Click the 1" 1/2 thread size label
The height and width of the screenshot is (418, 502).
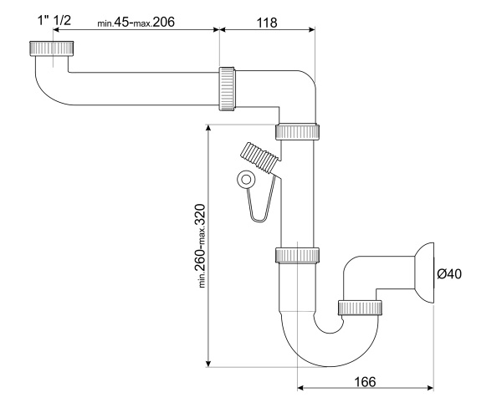pyautogui.click(x=54, y=20)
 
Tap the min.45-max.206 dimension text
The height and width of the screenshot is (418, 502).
pyautogui.click(x=136, y=22)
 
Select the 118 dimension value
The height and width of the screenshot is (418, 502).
pyautogui.click(x=267, y=23)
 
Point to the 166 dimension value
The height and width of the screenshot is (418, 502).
pyautogui.click(x=365, y=382)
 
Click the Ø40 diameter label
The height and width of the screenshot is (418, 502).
pyautogui.click(x=449, y=274)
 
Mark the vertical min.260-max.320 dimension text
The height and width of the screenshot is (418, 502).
pyautogui.click(x=201, y=246)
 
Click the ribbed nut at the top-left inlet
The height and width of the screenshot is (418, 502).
pyautogui.click(x=52, y=48)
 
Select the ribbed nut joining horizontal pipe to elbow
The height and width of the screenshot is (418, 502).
pyautogui.click(x=227, y=89)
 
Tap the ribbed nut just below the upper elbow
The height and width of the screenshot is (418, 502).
pyautogui.click(x=297, y=131)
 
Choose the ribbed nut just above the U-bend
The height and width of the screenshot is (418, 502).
pyautogui.click(x=297, y=255)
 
